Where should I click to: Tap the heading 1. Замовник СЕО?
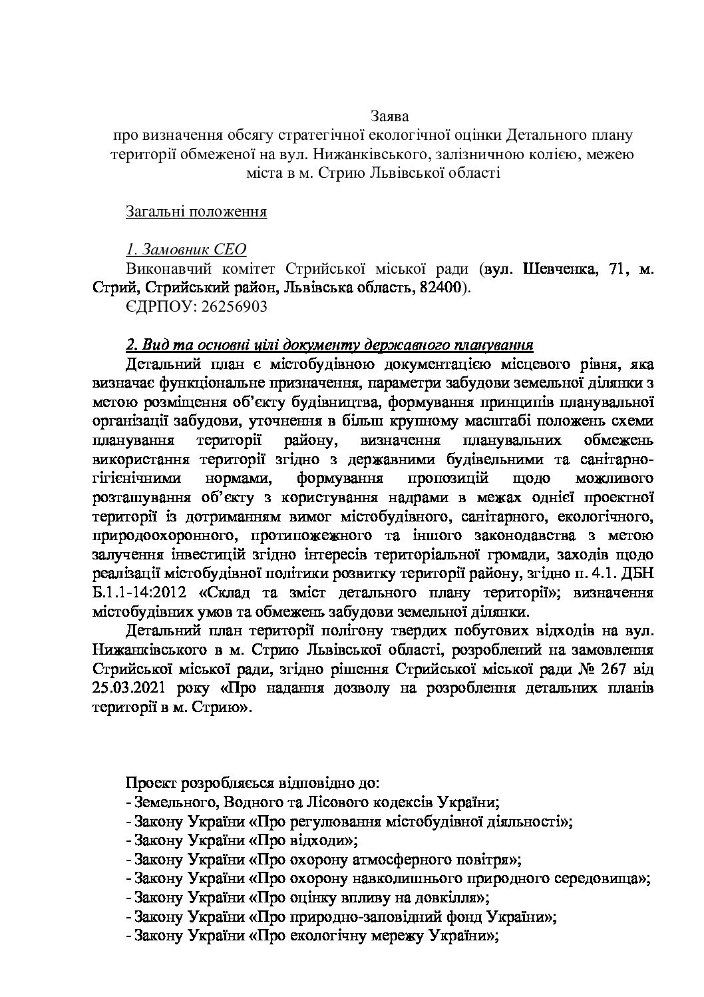tap(186, 250)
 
